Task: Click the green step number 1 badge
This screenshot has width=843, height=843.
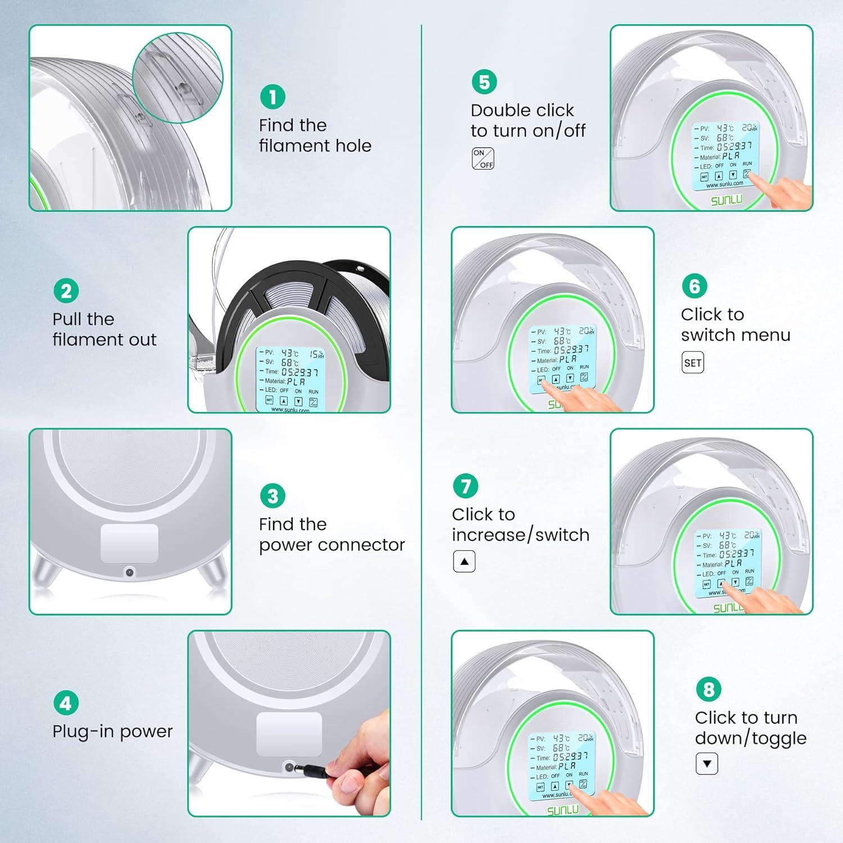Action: (x=273, y=97)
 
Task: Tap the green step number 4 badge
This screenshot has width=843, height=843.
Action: (x=66, y=703)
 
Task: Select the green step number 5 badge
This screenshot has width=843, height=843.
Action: (x=484, y=81)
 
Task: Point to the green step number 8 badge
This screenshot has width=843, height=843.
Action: (x=708, y=689)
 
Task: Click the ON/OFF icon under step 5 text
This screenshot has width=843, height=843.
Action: (x=483, y=158)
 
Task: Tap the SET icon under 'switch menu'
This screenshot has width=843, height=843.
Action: (x=692, y=362)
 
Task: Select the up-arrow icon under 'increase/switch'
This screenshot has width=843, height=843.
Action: (x=464, y=561)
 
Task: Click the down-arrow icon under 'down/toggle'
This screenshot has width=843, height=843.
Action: (x=707, y=764)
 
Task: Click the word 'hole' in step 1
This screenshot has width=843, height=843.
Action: (x=353, y=146)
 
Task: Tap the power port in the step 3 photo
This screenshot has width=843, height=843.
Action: (x=129, y=572)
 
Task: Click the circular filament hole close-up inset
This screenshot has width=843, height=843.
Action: (x=178, y=78)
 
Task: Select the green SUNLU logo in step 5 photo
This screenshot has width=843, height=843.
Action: (x=726, y=200)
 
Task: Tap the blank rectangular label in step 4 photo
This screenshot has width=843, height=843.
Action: (x=289, y=734)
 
